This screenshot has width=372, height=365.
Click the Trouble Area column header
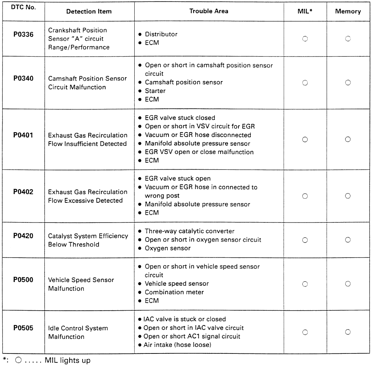(x=209, y=11)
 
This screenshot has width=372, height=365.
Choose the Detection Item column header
(x=89, y=12)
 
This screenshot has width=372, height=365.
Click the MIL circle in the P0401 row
(x=305, y=140)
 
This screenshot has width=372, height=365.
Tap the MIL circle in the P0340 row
(x=305, y=83)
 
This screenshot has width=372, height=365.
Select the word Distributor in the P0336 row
(x=161, y=34)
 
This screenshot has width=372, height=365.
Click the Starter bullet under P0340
(x=155, y=91)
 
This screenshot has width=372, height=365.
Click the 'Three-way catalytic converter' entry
(x=189, y=231)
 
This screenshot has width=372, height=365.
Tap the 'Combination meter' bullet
(x=174, y=292)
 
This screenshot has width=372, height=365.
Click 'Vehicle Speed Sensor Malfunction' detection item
(x=81, y=284)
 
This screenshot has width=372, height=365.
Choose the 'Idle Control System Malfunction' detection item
(x=78, y=332)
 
